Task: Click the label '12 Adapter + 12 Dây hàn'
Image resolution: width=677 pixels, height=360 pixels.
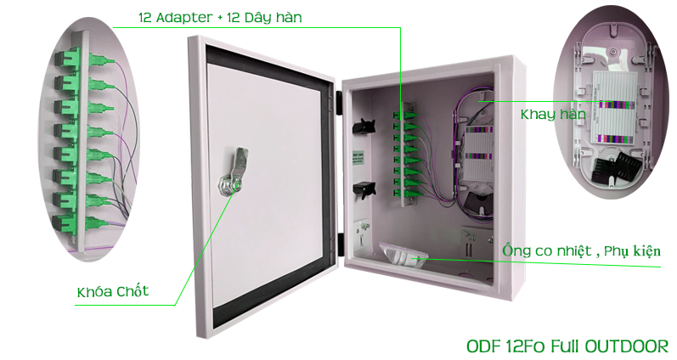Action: (220, 17)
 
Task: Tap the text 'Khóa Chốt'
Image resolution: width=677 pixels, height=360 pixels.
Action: (113, 291)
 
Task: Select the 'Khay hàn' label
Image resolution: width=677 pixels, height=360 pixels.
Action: (553, 115)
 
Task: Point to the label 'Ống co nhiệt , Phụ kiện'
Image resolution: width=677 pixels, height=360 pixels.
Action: (581, 250)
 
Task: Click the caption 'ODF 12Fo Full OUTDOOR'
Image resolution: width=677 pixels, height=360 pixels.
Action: (567, 346)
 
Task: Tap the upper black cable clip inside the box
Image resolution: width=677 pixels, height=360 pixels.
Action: (364, 126)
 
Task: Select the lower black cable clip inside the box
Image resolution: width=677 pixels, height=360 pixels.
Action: (364, 189)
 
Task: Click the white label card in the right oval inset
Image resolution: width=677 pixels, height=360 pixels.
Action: (614, 107)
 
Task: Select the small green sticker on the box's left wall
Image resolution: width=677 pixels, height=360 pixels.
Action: (358, 158)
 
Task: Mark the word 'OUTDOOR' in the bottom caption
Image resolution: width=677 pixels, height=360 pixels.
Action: (627, 346)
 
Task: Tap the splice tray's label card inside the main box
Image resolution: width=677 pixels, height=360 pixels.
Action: (479, 153)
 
